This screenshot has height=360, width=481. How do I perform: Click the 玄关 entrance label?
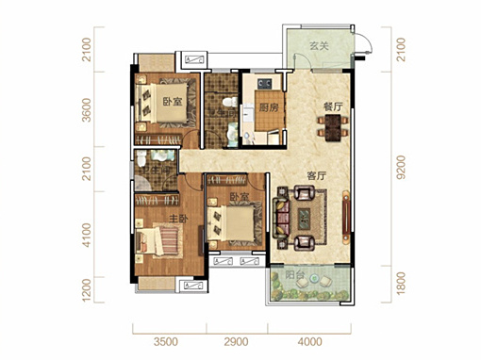319,46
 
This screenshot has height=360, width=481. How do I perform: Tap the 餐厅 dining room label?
333,106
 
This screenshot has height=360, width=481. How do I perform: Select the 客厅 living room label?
317,176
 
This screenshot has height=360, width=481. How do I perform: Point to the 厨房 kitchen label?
269,107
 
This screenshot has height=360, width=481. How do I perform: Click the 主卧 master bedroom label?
178,219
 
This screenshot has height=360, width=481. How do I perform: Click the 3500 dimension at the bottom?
166,342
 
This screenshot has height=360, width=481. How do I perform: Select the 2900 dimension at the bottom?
236,342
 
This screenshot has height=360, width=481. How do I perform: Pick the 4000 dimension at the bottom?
309,342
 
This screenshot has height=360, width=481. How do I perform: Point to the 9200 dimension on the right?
401,168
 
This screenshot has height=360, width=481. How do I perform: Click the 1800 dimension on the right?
401,284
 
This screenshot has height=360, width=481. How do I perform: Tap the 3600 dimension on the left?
86,110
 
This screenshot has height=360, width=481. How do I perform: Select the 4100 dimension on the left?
86,235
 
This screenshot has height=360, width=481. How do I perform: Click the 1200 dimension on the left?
86,289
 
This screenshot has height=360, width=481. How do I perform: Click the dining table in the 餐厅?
333,128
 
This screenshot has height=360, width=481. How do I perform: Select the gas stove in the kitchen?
265,84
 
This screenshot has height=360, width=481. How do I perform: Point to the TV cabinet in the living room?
346,217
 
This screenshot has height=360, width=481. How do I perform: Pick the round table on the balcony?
314,278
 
